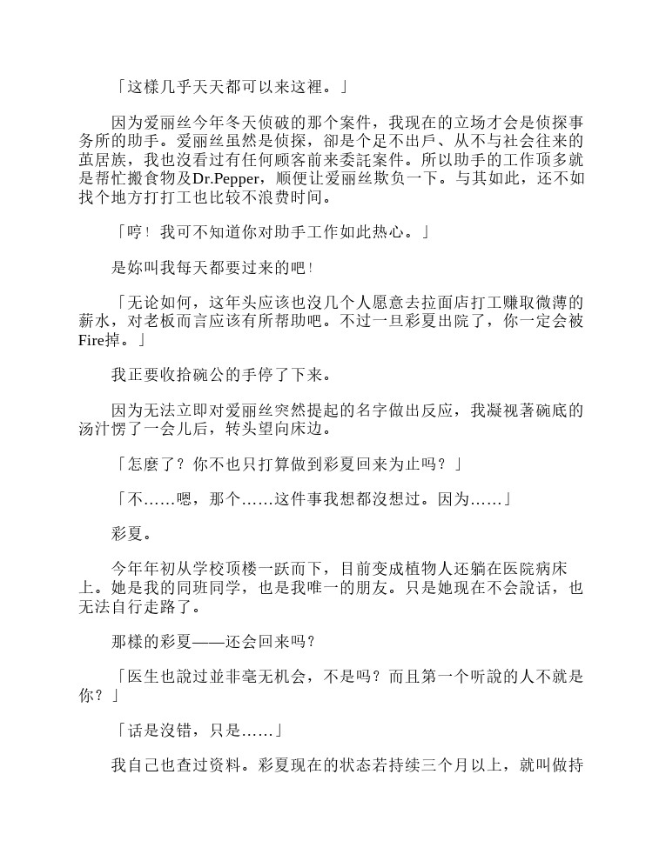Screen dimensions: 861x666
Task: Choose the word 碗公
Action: (212, 375)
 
